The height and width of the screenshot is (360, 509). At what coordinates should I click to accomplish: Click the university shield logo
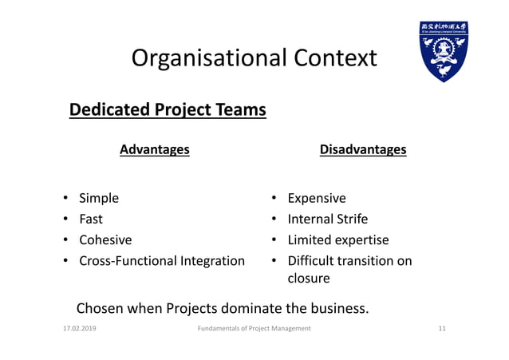[x=444, y=53]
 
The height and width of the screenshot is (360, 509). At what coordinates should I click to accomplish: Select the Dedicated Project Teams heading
[x=168, y=109]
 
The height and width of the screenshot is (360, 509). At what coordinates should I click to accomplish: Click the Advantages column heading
[x=154, y=149]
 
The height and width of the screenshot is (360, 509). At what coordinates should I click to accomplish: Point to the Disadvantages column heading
[x=362, y=149]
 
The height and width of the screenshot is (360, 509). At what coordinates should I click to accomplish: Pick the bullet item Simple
[x=98, y=198]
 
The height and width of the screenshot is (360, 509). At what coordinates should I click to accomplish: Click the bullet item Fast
[x=90, y=219]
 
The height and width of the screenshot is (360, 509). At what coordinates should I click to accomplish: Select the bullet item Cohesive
[x=105, y=239]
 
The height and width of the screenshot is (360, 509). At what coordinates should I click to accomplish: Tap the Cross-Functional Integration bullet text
[x=161, y=260]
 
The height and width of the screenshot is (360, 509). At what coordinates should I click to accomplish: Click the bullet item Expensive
[x=317, y=198]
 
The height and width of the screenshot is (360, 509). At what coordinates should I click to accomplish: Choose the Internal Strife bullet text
[x=327, y=219]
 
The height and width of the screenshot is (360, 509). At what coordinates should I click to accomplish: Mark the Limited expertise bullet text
[x=338, y=239]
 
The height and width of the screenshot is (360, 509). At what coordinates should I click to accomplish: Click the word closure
[x=309, y=279]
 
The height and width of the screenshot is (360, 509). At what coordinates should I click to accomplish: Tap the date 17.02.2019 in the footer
[x=79, y=329]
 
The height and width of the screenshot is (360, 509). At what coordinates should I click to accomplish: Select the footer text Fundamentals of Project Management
[x=254, y=329]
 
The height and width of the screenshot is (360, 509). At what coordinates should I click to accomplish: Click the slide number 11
[x=442, y=329]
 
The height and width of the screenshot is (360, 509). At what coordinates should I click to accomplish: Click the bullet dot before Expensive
[x=272, y=198]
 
